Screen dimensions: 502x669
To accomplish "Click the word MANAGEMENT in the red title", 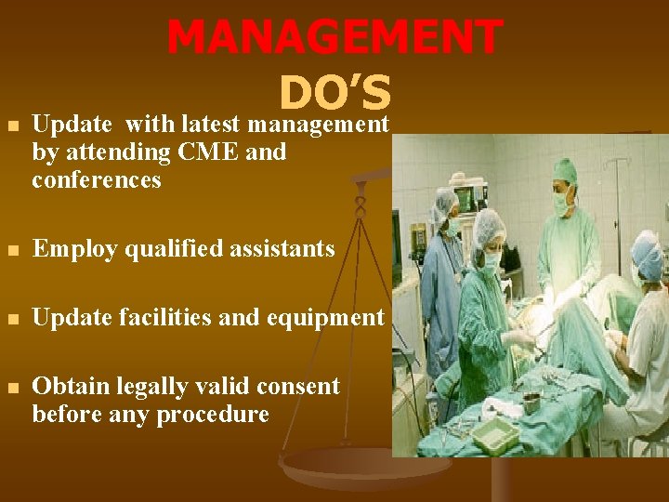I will click(334, 37).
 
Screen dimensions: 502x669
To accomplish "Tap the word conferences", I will click(96, 179).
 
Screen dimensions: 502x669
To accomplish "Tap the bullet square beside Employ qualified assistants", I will click(11, 249).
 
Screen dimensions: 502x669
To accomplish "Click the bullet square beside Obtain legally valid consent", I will click(11, 387).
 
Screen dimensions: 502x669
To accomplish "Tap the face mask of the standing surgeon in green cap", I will click(561, 199).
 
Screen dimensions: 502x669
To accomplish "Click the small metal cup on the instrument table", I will click(531, 403).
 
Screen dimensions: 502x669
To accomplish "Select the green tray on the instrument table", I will click(494, 430).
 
